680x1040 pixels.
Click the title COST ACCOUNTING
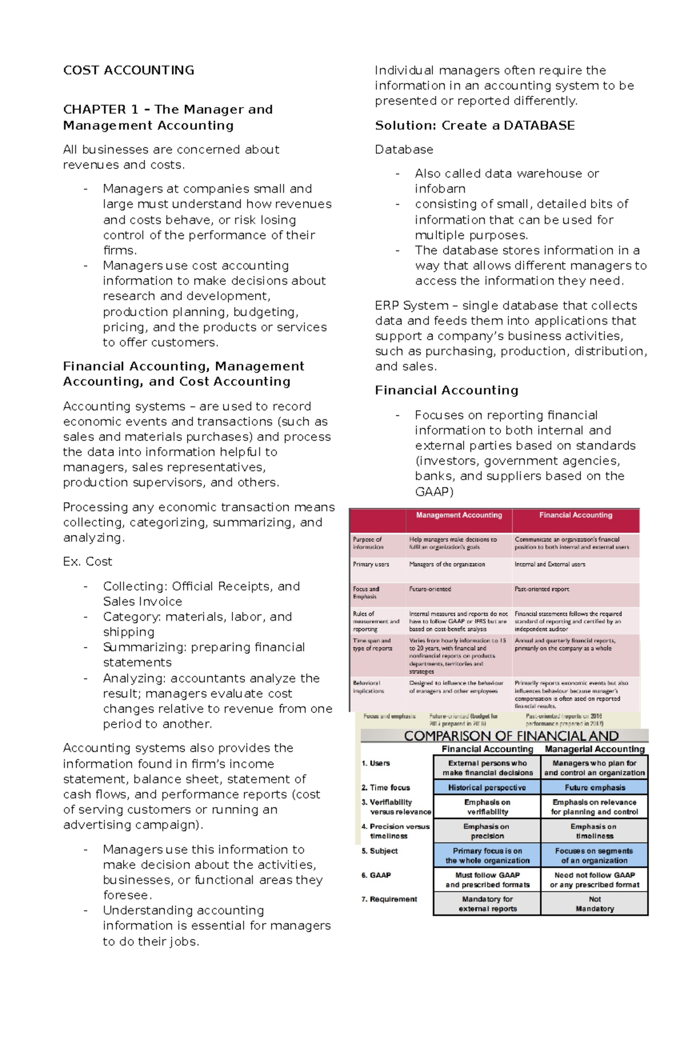point(129,70)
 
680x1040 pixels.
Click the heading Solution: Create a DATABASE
point(475,125)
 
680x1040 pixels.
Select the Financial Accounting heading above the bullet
point(447,390)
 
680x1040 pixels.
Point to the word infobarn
point(440,189)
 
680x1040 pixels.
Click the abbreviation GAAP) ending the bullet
point(434,491)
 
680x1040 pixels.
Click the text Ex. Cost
point(88,562)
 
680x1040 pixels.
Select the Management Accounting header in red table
point(459,515)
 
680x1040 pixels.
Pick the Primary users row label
point(371,564)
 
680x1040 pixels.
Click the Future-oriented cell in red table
point(430,589)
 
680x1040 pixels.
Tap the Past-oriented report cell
point(542,589)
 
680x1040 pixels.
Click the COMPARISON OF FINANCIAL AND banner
point(511,736)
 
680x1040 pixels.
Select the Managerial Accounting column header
point(594,749)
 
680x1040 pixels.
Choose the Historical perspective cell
point(487,787)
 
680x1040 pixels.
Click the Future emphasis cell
point(594,787)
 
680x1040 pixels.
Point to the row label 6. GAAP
point(376,875)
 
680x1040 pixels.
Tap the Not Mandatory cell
point(594,904)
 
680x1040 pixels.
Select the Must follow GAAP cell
point(487,880)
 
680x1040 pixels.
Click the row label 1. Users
point(376,763)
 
